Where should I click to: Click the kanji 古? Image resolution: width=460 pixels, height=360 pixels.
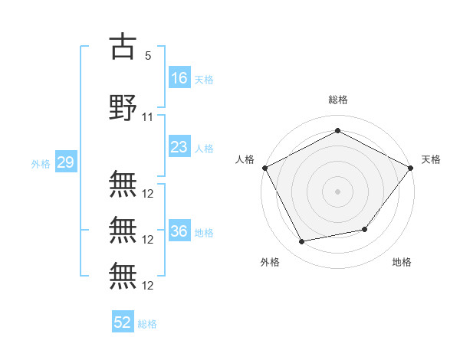(123, 47)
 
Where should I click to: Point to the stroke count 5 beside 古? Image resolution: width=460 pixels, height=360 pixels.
(147, 56)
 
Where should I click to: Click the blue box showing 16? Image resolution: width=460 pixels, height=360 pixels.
(179, 77)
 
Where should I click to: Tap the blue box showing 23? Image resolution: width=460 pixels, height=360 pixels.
(179, 147)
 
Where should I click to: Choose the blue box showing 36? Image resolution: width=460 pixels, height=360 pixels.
(179, 231)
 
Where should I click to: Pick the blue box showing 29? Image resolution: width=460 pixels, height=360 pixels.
(65, 162)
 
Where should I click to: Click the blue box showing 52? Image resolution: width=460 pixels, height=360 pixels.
(123, 322)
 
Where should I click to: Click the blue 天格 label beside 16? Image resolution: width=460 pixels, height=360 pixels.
(203, 79)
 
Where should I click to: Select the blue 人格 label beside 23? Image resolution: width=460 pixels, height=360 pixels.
(203, 148)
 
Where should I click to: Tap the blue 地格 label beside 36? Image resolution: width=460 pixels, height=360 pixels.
(203, 232)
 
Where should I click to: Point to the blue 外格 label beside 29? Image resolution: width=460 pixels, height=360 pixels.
(40, 163)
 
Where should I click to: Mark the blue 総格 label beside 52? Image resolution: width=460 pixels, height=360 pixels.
(147, 324)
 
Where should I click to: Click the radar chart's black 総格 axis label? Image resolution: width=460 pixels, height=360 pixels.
(337, 100)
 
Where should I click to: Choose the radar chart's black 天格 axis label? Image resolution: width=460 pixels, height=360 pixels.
(431, 159)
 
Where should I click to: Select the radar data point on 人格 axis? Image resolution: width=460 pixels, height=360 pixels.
(264, 167)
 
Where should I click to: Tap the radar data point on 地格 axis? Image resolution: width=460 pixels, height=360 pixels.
(365, 229)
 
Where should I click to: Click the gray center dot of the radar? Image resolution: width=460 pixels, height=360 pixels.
(337, 191)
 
